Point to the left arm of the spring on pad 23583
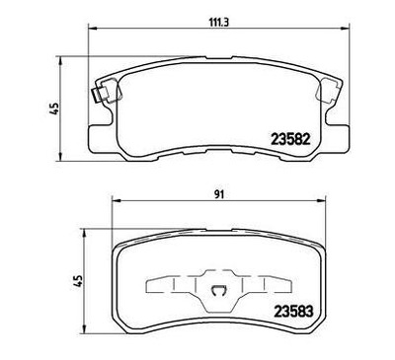[x=168, y=288]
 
